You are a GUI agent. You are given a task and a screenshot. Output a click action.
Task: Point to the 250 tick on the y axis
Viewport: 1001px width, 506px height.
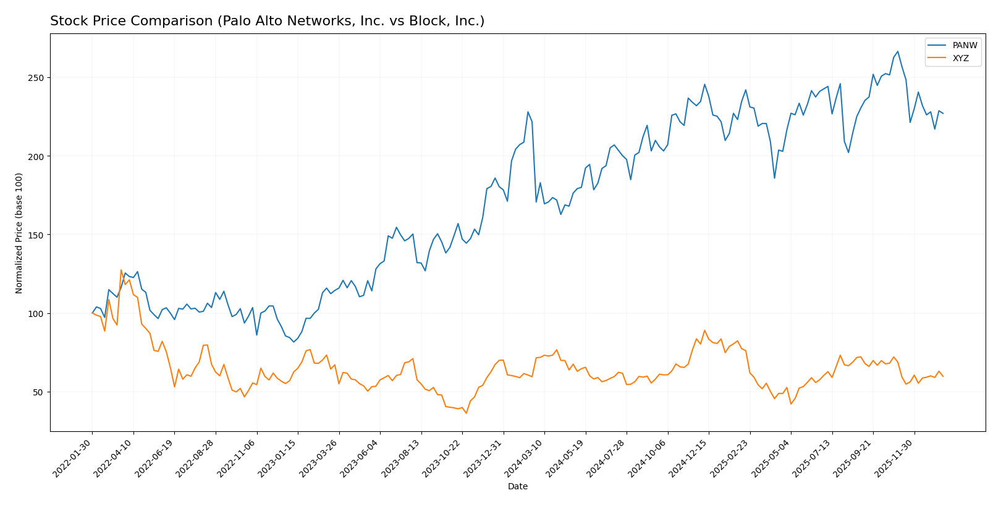38,78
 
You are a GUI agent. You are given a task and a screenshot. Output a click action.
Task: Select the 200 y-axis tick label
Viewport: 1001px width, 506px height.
38,156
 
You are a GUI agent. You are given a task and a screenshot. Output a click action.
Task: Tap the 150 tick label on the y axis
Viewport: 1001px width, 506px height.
38,235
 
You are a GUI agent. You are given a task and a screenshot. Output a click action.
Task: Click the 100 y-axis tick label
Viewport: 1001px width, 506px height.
38,314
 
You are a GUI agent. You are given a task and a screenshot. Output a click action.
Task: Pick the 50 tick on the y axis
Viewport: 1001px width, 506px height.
40,392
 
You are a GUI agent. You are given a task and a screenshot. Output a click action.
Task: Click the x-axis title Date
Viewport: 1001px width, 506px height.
517,487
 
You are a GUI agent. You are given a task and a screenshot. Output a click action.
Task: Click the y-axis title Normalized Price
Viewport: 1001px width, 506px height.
19,233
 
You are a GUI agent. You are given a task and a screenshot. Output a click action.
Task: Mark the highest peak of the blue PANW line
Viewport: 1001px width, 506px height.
897,52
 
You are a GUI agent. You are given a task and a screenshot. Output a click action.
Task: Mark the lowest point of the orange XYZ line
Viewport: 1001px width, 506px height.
466,413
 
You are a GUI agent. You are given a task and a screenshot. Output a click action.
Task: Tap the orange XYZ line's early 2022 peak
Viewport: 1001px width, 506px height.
121,270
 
